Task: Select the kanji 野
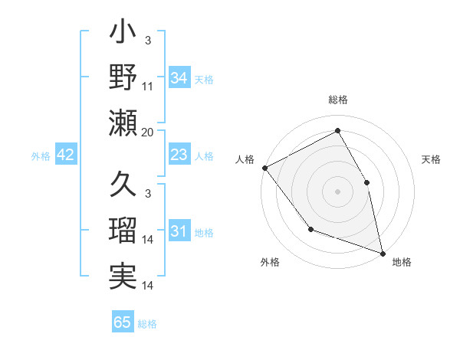click(123, 77)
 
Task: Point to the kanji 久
click(123, 185)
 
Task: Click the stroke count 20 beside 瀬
click(148, 133)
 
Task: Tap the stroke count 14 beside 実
click(148, 286)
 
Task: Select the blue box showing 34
click(179, 77)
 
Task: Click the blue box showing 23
click(179, 155)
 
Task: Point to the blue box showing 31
click(179, 231)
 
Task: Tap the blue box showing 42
click(66, 155)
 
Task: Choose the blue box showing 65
click(123, 322)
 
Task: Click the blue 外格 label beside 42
click(41, 155)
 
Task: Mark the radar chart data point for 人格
click(264, 168)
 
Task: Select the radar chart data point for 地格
click(383, 252)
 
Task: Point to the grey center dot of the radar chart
click(337, 191)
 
